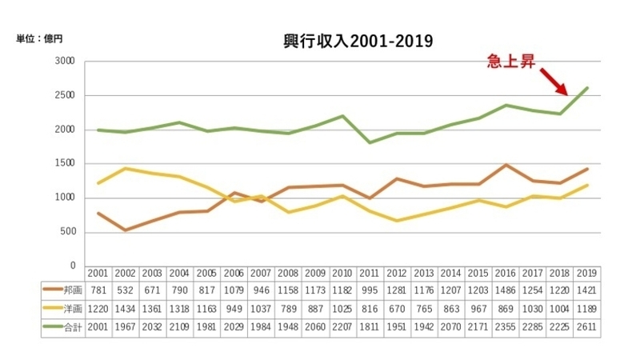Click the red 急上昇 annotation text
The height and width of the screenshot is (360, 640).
512,61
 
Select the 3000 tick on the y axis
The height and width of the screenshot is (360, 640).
64,62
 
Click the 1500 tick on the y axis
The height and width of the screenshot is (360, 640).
64,164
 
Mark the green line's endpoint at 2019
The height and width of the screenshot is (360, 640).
588,88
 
